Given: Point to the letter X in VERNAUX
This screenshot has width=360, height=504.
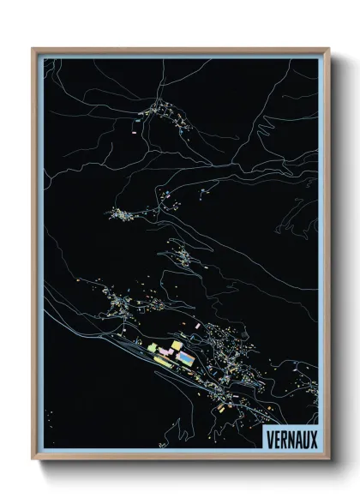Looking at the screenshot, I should pyautogui.click(x=313, y=435).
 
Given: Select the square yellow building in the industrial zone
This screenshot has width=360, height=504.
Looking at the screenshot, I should pyautogui.click(x=177, y=345).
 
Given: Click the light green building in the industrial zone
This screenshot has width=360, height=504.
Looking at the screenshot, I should pyautogui.click(x=153, y=349).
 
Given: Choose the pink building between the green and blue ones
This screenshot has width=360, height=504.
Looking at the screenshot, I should pyautogui.click(x=165, y=351).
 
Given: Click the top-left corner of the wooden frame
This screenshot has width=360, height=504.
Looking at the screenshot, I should pyautogui.click(x=33, y=49).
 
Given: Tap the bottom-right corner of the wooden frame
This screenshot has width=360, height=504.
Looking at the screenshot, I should pyautogui.click(x=328, y=460).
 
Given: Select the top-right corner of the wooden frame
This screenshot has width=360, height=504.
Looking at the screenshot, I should pyautogui.click(x=328, y=49).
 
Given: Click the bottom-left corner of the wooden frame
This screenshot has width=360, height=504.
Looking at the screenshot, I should pyautogui.click(x=33, y=460).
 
